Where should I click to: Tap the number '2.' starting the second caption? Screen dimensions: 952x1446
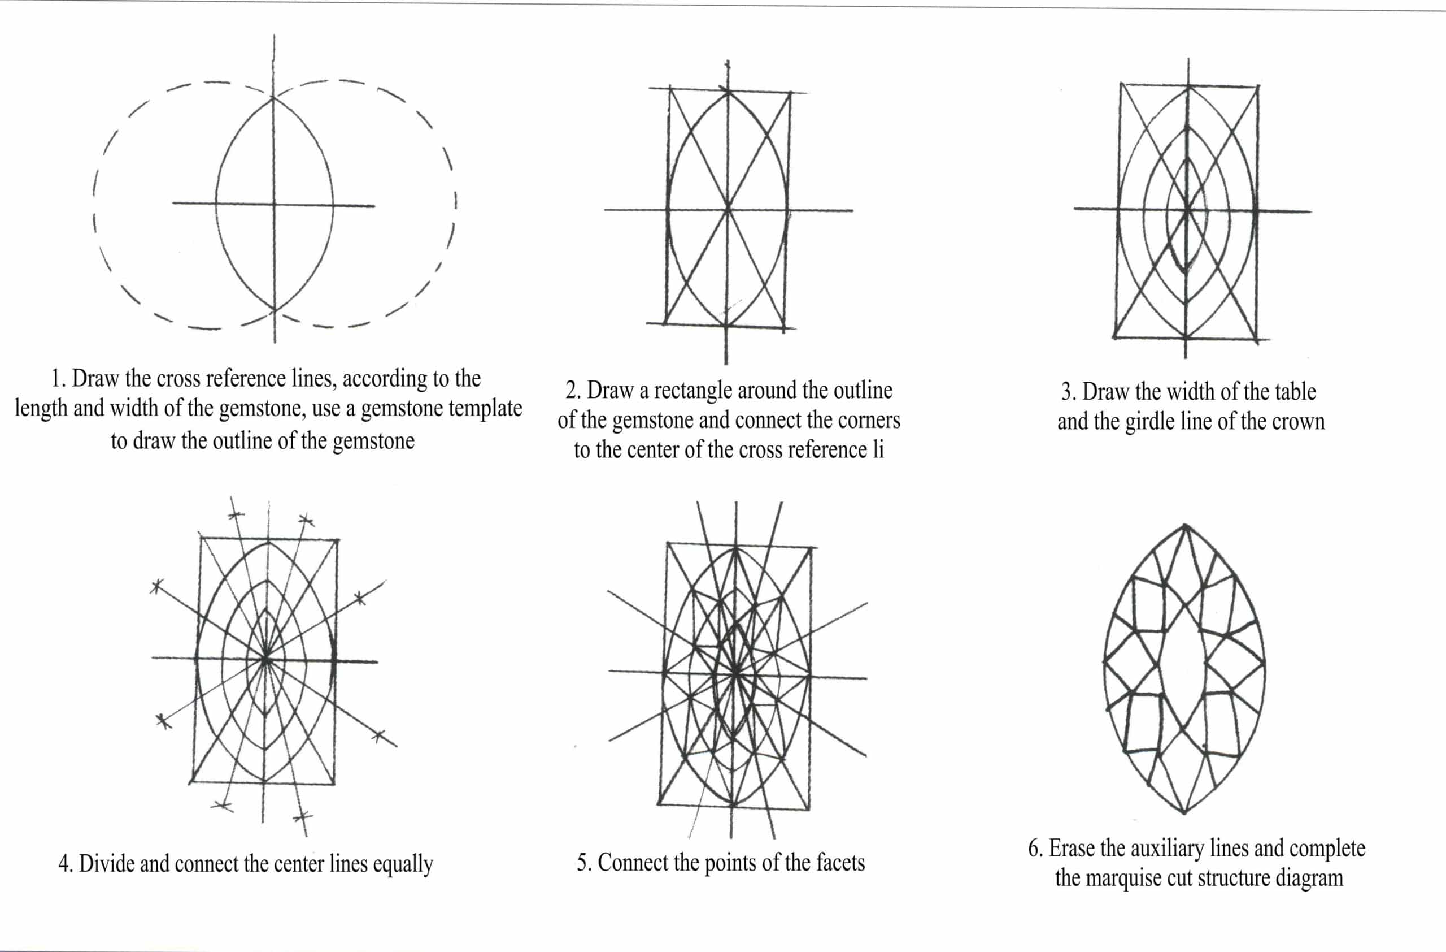tap(573, 390)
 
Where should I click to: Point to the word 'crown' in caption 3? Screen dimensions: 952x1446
tap(1298, 421)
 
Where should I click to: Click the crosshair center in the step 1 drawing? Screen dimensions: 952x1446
tap(274, 204)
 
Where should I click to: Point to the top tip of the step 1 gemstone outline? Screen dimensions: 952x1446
tap(274, 97)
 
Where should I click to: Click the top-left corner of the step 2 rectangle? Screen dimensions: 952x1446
tap(670, 89)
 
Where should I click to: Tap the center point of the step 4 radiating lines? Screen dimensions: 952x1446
tap(265, 658)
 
